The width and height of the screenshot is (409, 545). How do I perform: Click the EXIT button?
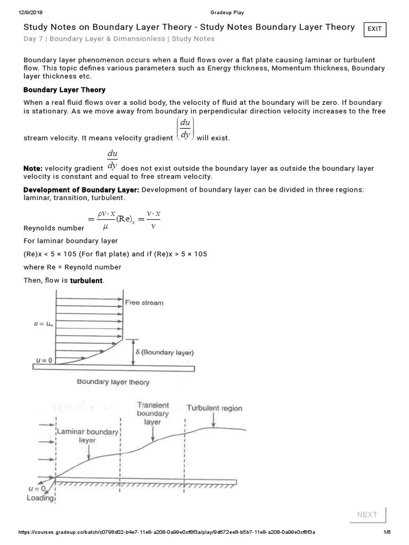(374, 29)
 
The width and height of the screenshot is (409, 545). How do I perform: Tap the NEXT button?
(367, 514)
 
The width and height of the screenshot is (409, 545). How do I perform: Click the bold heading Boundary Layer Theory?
(64, 90)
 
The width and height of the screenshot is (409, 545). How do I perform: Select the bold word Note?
(32, 168)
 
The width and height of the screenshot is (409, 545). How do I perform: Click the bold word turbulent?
(87, 280)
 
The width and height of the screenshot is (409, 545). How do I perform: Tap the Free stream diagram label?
(144, 303)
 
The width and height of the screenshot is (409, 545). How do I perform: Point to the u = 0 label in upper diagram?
(45, 360)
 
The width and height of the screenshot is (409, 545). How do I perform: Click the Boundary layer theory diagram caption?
(113, 382)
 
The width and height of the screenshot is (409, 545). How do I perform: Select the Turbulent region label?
(214, 408)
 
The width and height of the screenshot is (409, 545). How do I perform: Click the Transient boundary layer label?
(153, 413)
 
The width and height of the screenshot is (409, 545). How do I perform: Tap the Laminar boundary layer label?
(87, 436)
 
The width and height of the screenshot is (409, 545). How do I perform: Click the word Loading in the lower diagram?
(40, 498)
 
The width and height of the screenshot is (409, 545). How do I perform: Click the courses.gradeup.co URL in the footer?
(167, 532)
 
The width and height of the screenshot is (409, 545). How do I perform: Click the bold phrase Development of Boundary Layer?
(81, 190)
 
